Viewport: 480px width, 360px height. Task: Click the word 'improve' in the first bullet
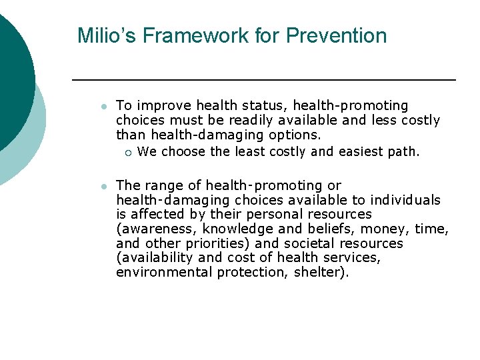pos(155,106)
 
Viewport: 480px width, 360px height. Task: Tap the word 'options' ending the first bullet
pos(294,135)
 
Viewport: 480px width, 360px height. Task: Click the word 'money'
pos(381,229)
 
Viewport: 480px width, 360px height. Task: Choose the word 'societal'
pos(308,243)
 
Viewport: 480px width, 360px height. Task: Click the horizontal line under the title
pos(263,80)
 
